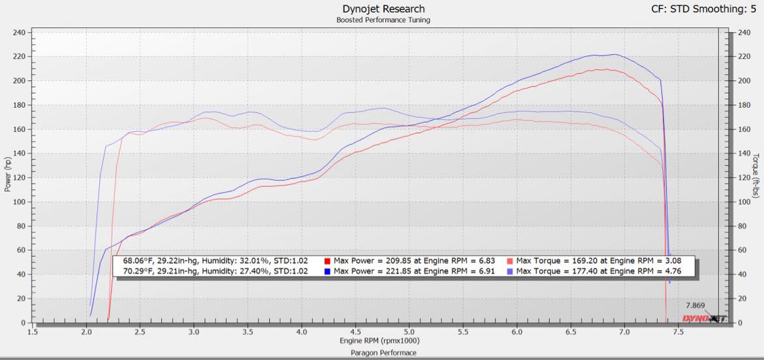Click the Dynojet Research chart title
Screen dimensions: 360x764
[x=383, y=9]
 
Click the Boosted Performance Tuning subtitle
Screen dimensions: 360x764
[x=383, y=20]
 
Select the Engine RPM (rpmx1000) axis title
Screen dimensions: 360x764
[x=379, y=341]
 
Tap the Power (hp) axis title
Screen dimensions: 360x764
[x=8, y=174]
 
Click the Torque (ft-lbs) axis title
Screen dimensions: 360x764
[x=756, y=175]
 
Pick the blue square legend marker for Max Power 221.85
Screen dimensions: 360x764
[x=327, y=270]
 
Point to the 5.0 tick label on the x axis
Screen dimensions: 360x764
[x=409, y=332]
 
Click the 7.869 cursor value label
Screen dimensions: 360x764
[x=695, y=305]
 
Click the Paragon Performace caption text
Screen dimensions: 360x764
[x=383, y=353]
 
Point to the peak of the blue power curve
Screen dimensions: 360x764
[x=614, y=55]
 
